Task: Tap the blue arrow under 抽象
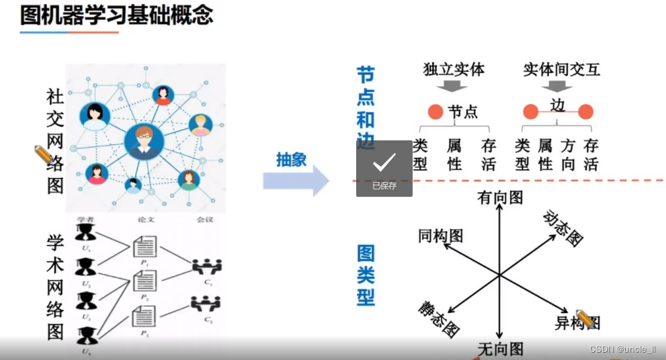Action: point(296,181)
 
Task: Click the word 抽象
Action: point(291,159)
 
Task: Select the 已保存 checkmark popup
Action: point(384,169)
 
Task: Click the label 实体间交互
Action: point(561,69)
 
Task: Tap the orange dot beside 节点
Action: point(435,111)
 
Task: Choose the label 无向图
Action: point(500,349)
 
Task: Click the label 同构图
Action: point(440,235)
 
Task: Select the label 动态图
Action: point(563,228)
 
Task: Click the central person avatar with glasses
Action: point(144,142)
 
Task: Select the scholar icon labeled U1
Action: point(85,233)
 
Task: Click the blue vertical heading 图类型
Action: point(366,275)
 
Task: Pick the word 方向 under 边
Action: point(568,154)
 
